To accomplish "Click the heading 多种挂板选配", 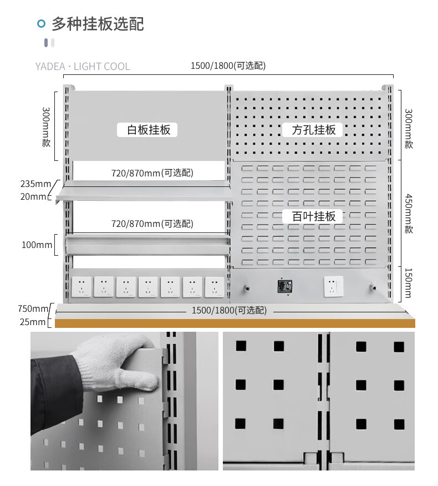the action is pos(98,24).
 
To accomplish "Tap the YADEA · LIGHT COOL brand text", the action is pos(83,67).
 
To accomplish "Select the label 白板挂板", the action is pos(148,130).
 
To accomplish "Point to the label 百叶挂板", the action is pos(314,216).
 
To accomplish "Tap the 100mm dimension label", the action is pos(37,245).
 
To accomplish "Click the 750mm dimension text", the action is pos(33,308).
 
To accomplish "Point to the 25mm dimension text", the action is pos(33,322).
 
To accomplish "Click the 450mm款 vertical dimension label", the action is pos(409,214).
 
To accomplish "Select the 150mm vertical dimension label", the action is pos(409,283).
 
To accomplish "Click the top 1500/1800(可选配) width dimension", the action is pos(228,65).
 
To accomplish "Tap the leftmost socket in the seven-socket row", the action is pos(81,287).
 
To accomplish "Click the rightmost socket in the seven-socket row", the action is pos(215,287).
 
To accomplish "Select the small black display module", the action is pos(285,286).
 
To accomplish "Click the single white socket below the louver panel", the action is pos(333,286).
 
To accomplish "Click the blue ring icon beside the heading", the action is pos(41,23).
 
